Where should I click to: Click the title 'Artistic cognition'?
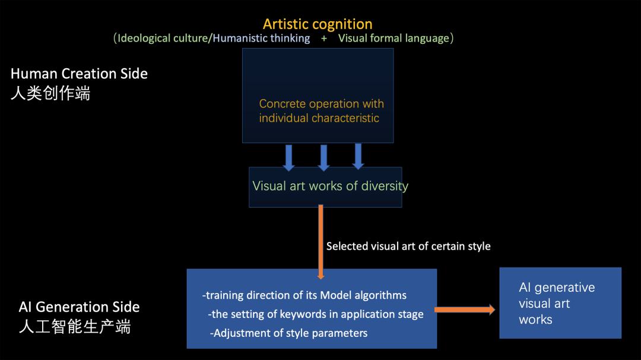318,24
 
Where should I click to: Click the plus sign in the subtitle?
324,39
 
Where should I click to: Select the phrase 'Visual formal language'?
394,39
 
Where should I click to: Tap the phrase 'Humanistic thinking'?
261,39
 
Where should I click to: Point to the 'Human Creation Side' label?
79,74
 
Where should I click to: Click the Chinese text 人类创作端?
50,93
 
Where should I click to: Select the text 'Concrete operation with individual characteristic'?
321,111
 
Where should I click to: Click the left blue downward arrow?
289,157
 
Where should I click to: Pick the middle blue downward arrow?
323,157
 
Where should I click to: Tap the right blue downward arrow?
358,156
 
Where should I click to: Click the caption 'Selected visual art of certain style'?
408,246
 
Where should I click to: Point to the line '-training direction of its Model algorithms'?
304,295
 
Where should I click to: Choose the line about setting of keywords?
316,314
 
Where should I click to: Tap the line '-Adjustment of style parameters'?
288,333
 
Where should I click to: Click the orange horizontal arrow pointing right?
465,309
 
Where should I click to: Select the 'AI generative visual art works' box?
560,303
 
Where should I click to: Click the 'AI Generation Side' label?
79,307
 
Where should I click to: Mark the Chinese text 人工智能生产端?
75,326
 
